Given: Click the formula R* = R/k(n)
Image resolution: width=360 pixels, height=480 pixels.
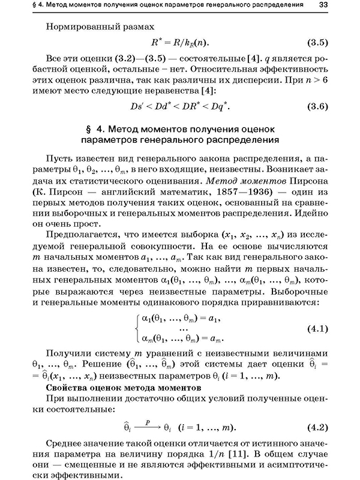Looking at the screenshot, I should click(179, 43).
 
